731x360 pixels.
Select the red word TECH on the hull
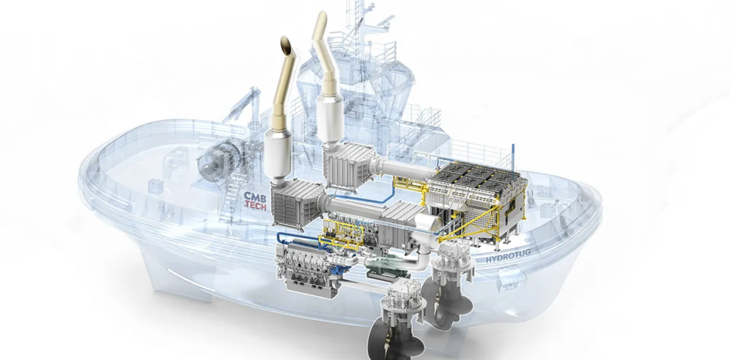[x=257, y=205]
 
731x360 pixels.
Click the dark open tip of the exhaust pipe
[x=286, y=45]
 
